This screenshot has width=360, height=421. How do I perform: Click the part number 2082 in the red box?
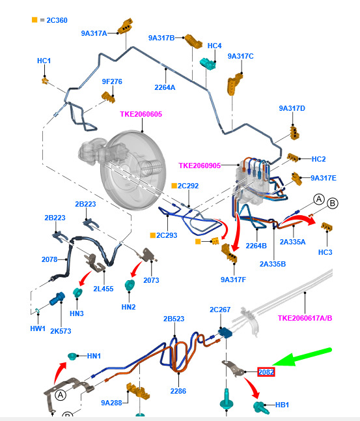click(x=266, y=372)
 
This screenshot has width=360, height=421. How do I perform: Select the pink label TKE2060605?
click(x=141, y=114)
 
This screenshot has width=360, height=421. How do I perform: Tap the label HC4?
click(x=214, y=46)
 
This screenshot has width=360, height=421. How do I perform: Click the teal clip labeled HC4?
click(x=208, y=64)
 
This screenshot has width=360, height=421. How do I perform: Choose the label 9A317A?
click(x=94, y=33)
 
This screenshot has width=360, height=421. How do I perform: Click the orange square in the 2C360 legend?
click(x=35, y=20)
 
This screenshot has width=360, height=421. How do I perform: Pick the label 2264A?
click(x=165, y=87)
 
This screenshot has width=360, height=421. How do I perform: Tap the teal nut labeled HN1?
click(x=72, y=356)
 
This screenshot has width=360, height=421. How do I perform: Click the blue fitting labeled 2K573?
click(x=57, y=298)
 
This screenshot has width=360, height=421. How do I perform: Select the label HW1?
click(x=38, y=328)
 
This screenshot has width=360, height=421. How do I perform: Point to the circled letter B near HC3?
click(x=333, y=203)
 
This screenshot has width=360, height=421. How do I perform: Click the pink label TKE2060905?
click(x=200, y=166)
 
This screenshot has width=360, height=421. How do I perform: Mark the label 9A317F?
click(x=233, y=280)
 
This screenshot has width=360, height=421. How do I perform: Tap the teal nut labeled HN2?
click(x=130, y=285)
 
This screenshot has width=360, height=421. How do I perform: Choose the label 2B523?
click(x=174, y=319)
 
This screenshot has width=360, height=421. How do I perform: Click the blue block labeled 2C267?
click(x=225, y=332)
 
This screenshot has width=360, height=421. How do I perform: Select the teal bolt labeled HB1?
click(x=260, y=407)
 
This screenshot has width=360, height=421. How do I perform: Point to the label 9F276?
click(x=112, y=81)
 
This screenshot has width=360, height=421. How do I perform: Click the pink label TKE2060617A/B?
click(x=305, y=318)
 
